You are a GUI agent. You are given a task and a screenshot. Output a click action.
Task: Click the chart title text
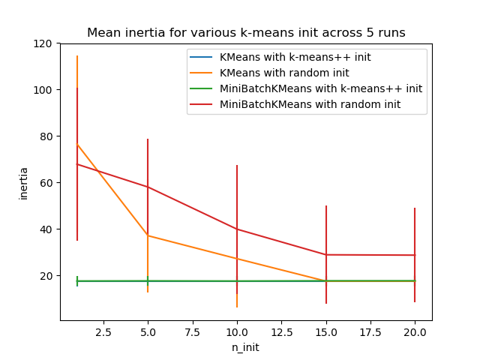point(246,33)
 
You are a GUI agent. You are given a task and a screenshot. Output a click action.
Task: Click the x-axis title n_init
point(246,347)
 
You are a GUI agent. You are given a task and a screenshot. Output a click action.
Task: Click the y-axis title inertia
point(24,182)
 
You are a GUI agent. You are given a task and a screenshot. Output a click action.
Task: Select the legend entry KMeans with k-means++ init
point(295,57)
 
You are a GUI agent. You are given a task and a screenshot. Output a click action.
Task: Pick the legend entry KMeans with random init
point(285,73)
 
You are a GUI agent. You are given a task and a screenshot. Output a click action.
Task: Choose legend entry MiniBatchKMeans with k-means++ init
point(320,88)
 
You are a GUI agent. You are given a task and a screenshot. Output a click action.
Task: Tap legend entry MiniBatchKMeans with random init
point(310,104)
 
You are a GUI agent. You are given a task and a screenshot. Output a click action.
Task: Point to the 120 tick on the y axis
point(45,43)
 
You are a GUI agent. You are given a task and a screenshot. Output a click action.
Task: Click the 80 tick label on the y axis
point(47,136)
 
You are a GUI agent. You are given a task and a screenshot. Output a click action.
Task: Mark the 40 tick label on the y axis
point(47,229)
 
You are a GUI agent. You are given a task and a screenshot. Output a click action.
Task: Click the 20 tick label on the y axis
point(47,276)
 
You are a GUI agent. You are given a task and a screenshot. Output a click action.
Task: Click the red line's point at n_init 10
point(237,229)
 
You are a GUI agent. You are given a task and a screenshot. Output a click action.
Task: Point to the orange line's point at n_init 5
point(148,235)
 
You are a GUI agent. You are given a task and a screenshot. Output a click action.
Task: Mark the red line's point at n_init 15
point(326,255)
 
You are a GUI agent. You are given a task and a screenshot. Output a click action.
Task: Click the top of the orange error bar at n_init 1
point(77,56)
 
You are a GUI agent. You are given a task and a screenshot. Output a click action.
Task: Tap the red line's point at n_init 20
point(415,255)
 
